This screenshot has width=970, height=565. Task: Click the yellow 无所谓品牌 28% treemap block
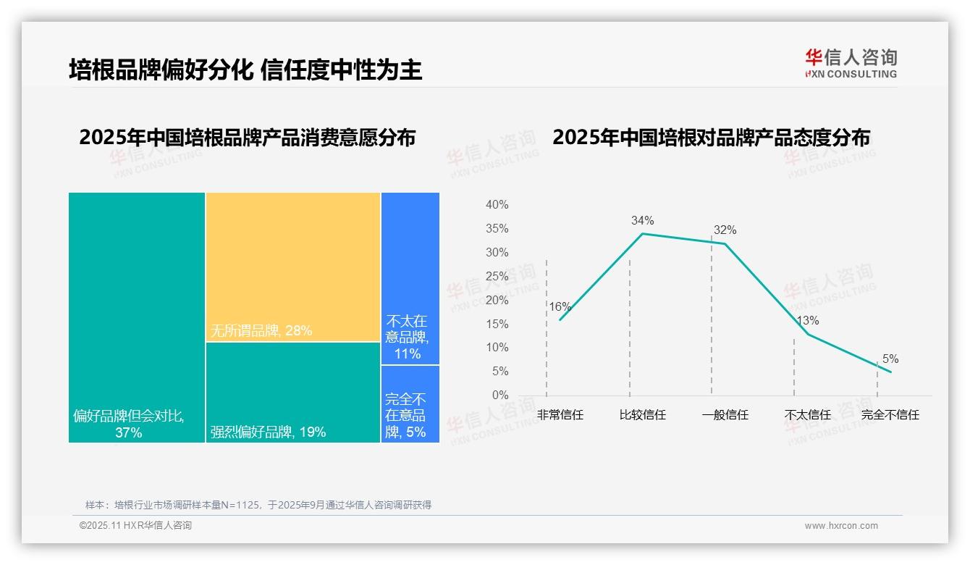point(293,267)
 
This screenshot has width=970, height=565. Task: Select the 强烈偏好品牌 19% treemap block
point(293,392)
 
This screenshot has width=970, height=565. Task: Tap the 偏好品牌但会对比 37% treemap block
point(137,317)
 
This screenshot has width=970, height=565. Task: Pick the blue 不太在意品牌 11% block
point(410,278)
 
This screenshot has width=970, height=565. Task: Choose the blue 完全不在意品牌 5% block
point(410,403)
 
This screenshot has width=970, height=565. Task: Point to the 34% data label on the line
point(642,220)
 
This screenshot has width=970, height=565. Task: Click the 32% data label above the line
point(725,230)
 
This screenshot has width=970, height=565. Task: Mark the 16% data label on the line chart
point(560,306)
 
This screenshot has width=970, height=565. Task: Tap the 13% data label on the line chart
point(808,320)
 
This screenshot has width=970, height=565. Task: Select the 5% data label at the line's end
point(890,359)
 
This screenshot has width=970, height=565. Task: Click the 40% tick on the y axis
point(497,205)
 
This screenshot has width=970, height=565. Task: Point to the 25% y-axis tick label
point(497,276)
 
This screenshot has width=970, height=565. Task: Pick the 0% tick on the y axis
point(500,395)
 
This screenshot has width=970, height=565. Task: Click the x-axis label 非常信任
point(560,415)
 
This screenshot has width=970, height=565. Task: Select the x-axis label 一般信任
point(725,415)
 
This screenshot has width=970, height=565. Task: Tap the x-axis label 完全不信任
point(890,415)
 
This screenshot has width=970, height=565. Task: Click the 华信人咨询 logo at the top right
point(851,63)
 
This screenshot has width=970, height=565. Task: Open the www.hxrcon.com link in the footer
point(841,526)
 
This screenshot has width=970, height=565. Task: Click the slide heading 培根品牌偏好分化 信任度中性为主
point(245,70)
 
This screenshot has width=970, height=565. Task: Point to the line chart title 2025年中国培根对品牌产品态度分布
point(711,138)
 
